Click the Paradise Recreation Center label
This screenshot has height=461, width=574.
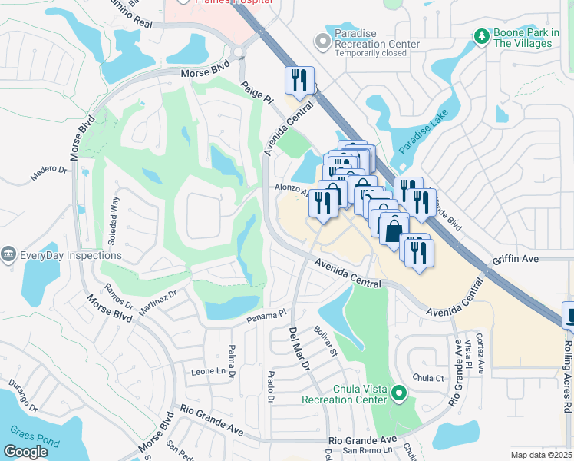(377, 44)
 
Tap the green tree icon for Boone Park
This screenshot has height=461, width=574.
(481, 36)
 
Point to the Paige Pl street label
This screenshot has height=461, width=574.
(256, 94)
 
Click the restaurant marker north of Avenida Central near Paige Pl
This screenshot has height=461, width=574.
(299, 80)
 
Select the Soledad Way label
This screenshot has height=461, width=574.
(114, 221)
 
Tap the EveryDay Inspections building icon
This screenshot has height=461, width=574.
(8, 254)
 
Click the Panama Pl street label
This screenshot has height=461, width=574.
(266, 315)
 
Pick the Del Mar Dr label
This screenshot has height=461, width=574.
(298, 350)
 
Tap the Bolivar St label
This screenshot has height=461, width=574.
(326, 342)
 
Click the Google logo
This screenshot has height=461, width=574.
(25, 452)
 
